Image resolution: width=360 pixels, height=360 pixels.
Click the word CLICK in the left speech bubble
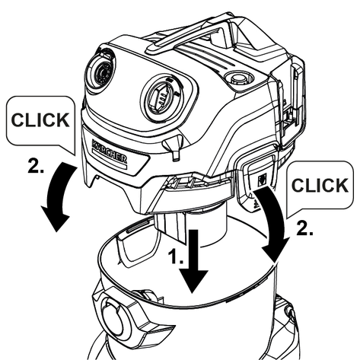click(40, 119)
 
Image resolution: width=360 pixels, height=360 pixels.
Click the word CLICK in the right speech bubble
click(320, 185)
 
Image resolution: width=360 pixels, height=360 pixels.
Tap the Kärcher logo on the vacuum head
click(110, 151)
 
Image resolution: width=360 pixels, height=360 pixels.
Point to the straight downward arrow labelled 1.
click(193, 261)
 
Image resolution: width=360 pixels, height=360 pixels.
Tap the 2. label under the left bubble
click(36, 165)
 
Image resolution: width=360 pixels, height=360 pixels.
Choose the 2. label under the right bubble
click(304, 228)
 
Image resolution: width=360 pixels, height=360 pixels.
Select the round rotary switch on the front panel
click(161, 97)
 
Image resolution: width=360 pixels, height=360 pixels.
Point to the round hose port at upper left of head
click(100, 71)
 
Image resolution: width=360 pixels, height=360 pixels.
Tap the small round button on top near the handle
click(238, 78)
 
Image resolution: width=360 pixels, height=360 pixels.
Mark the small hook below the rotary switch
click(174, 148)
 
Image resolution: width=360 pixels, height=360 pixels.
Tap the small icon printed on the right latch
click(262, 180)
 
